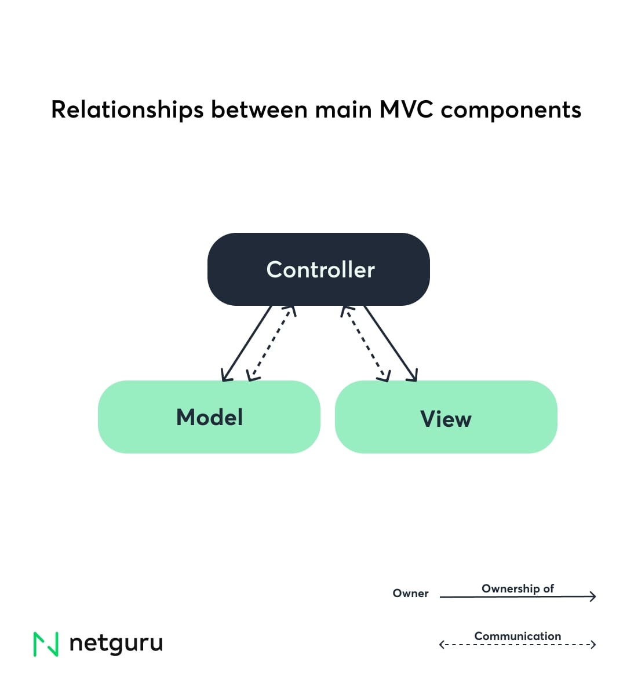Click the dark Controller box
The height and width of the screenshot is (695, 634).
pos(318,269)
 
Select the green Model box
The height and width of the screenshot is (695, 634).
pos(209,417)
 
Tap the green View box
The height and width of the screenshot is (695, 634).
pos(446,417)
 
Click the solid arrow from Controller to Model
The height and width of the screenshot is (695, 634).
pos(246,343)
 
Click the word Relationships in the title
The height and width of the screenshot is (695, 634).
pos(127,110)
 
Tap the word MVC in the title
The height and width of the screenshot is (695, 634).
pos(406,109)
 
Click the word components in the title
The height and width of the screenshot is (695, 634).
pos(511,110)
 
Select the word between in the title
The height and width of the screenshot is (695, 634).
pos(258,109)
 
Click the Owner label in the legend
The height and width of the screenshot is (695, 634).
pos(410,593)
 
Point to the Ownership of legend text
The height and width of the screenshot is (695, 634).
pos(518,588)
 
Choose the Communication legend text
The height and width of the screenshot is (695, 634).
pos(518,636)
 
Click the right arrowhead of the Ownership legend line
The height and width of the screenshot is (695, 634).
pos(592,596)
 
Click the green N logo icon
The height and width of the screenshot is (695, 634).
pos(46,644)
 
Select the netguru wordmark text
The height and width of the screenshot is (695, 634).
pos(116,643)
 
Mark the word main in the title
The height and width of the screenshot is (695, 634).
pos(343,109)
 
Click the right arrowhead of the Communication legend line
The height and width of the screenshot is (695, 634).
pos(592,644)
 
